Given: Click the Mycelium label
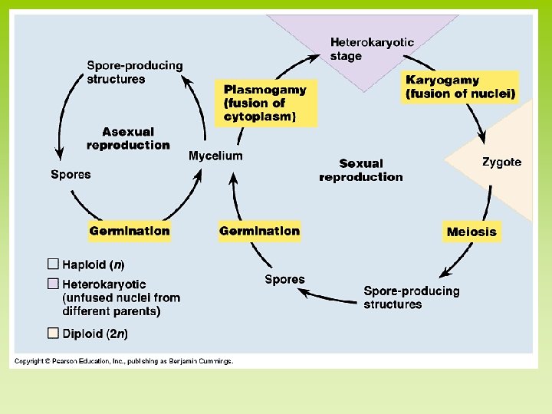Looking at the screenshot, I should pos(215,156).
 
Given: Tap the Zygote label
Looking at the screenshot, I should pos(501,162).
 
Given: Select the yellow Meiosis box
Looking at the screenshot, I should pos(472,232).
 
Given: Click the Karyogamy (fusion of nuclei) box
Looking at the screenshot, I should pos(461,87).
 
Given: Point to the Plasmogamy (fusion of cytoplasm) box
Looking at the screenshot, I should pos(264,103).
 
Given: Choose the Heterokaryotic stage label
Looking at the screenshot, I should pos(372,49).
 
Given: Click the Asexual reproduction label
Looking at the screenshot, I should pos(128,139).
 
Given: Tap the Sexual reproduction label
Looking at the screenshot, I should pos(360,170).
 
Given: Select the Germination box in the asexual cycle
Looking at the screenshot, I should pos(130,231).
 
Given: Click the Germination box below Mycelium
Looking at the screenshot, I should pos(259,231).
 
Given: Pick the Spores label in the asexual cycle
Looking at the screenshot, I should pos(71,175).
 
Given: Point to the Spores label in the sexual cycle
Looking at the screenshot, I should pos(284,280).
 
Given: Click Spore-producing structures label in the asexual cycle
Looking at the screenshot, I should pos(135,72).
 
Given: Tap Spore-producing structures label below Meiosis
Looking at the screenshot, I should pos(412,297).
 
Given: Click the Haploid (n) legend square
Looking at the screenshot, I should pos(53,264).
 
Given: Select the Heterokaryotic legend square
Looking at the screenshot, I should pos(53,284).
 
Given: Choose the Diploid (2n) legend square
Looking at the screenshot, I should pos(53,333).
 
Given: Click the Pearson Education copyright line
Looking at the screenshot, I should pos(123,360).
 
